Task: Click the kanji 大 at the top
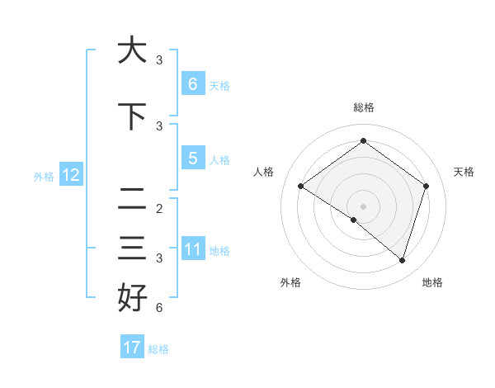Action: [x=133, y=50]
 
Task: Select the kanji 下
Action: [x=133, y=116]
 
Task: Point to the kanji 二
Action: [x=133, y=199]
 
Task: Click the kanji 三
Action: [x=133, y=248]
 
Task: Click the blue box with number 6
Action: [x=192, y=83]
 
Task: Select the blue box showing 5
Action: [x=192, y=159]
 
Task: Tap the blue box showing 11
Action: [x=192, y=249]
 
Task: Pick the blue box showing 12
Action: [x=70, y=175]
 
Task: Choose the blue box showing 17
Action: [x=132, y=348]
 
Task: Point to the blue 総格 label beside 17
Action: [x=158, y=349]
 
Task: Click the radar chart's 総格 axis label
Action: [x=363, y=107]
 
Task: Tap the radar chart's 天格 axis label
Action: [x=464, y=172]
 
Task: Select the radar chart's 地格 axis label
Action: [x=432, y=282]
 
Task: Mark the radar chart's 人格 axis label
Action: [x=263, y=172]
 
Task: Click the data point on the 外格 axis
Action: [x=354, y=220]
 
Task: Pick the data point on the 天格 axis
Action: [x=426, y=186]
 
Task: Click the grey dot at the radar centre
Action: [x=363, y=206]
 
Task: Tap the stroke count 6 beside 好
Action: [x=158, y=309]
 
